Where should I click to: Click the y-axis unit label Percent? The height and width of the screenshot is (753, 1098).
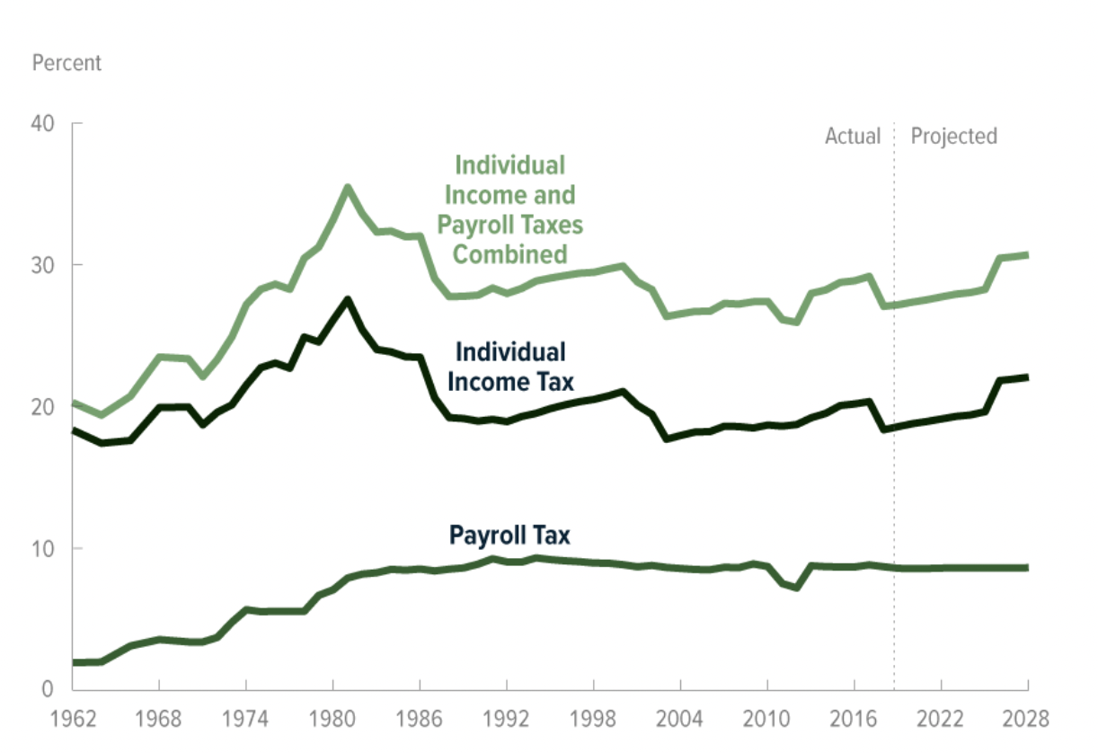point(66,64)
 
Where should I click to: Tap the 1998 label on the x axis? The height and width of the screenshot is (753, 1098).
point(593,720)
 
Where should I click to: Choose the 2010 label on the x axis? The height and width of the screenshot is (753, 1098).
point(766,720)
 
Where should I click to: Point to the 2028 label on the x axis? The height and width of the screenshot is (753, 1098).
point(1026,720)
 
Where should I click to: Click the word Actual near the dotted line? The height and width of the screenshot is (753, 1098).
point(853,137)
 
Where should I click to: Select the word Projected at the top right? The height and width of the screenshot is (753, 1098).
point(954,137)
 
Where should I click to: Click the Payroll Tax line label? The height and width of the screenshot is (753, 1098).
point(509,536)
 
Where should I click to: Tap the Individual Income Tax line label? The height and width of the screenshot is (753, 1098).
point(509,367)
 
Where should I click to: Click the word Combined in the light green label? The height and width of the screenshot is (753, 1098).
point(509,253)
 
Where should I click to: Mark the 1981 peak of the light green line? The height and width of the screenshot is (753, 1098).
point(348,187)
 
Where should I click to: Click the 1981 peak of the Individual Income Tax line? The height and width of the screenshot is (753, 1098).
point(348,299)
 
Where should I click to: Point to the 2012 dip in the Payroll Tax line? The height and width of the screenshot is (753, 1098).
point(796,588)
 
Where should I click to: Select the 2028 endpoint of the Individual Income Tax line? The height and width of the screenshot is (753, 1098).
point(1026,377)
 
